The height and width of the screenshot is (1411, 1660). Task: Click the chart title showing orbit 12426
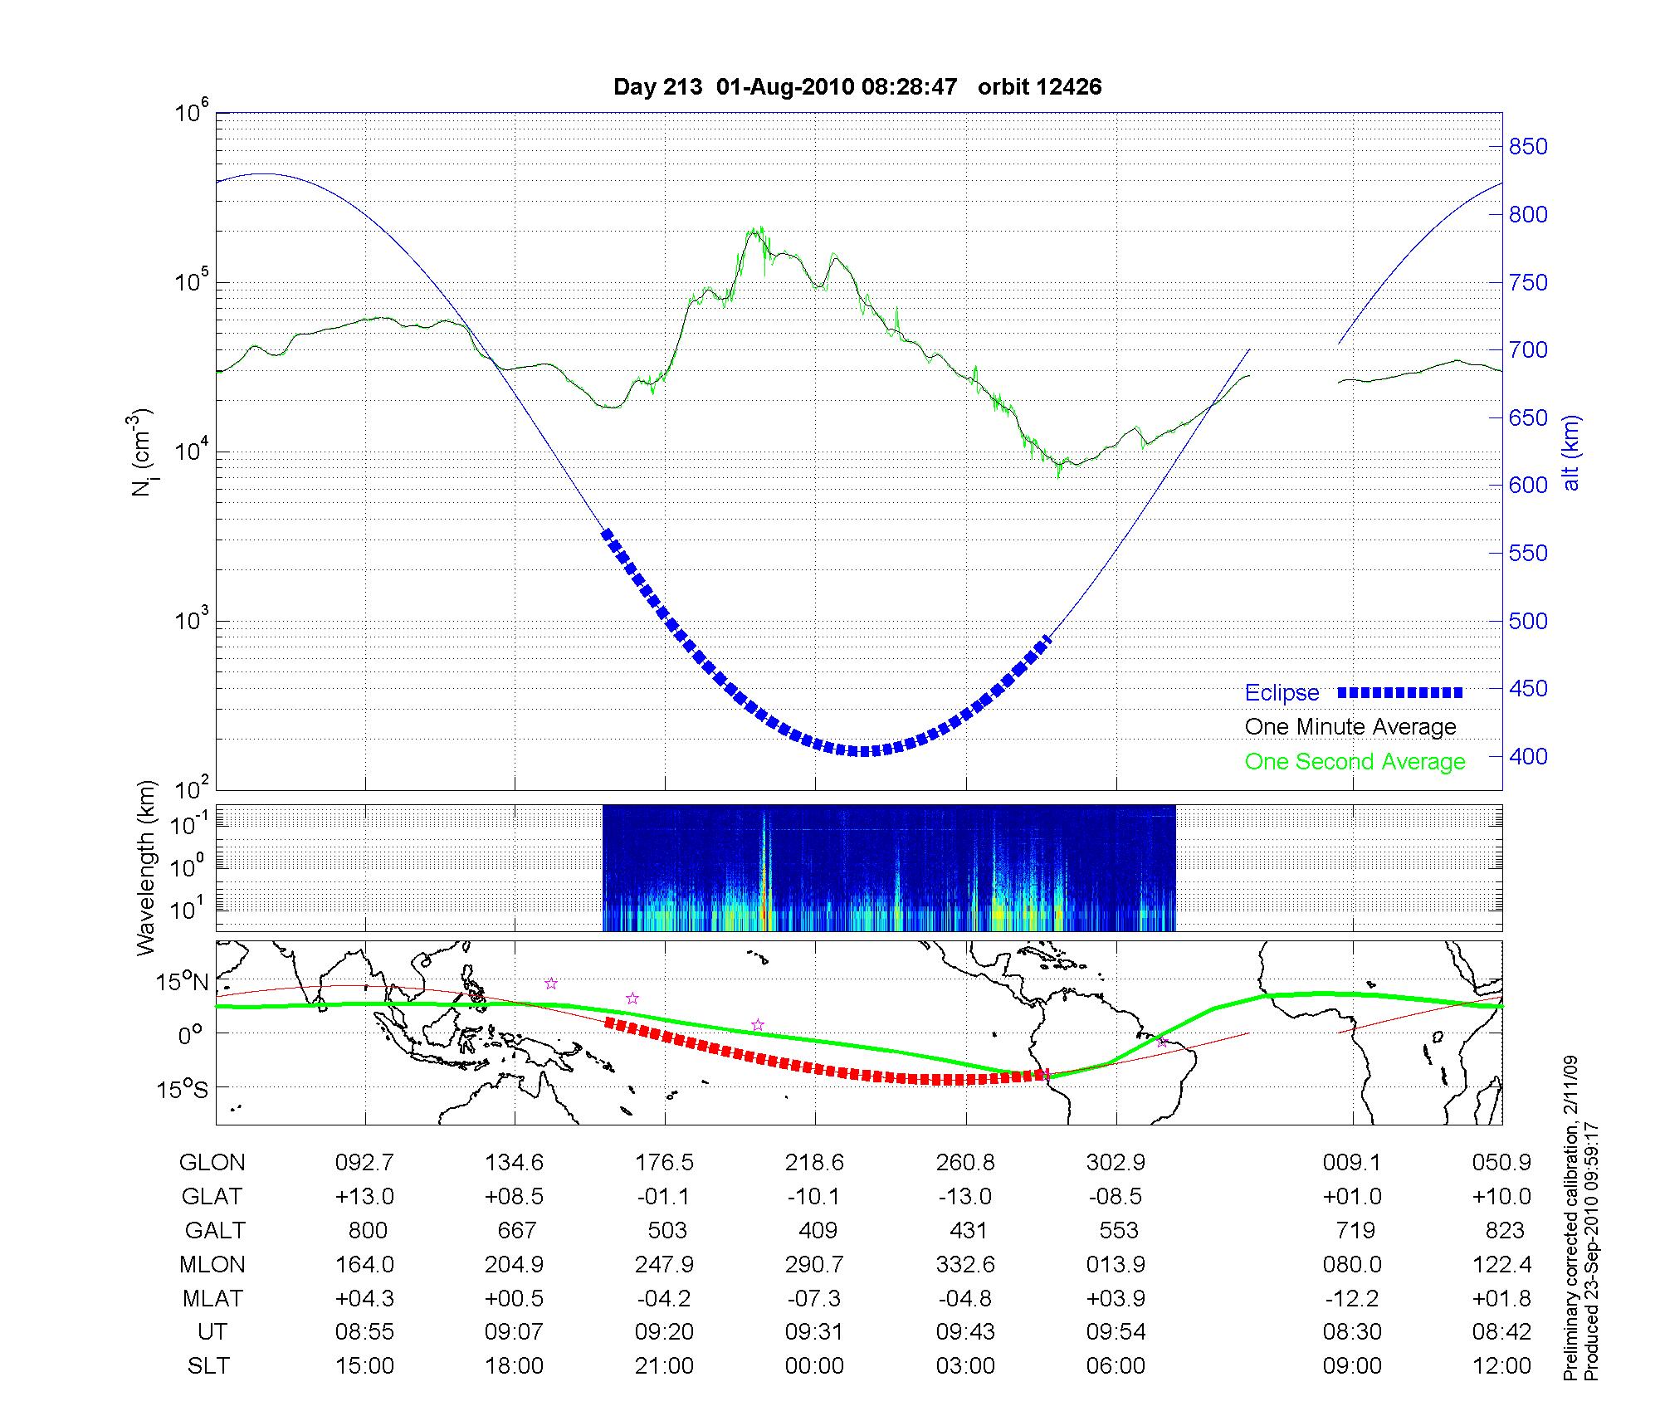857,87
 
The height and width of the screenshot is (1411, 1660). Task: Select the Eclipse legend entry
1282,692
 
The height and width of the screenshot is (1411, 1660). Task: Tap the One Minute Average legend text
1350,727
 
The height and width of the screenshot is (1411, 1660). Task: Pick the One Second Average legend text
1355,762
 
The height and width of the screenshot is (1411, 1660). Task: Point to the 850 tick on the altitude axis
1527,147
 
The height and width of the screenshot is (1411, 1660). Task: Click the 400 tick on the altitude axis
1527,756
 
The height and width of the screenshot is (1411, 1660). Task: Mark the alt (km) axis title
1571,452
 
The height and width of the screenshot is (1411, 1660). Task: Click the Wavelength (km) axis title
146,867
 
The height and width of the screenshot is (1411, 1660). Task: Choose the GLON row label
212,1162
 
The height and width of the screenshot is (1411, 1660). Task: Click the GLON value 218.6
814,1162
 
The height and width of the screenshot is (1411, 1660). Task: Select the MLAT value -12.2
1352,1298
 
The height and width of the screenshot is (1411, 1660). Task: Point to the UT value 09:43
965,1332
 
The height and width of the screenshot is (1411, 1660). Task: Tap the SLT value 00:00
814,1366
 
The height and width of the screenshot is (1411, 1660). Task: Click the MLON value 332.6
965,1264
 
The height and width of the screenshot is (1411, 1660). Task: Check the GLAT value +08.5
515,1196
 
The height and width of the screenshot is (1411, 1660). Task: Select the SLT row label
208,1366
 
